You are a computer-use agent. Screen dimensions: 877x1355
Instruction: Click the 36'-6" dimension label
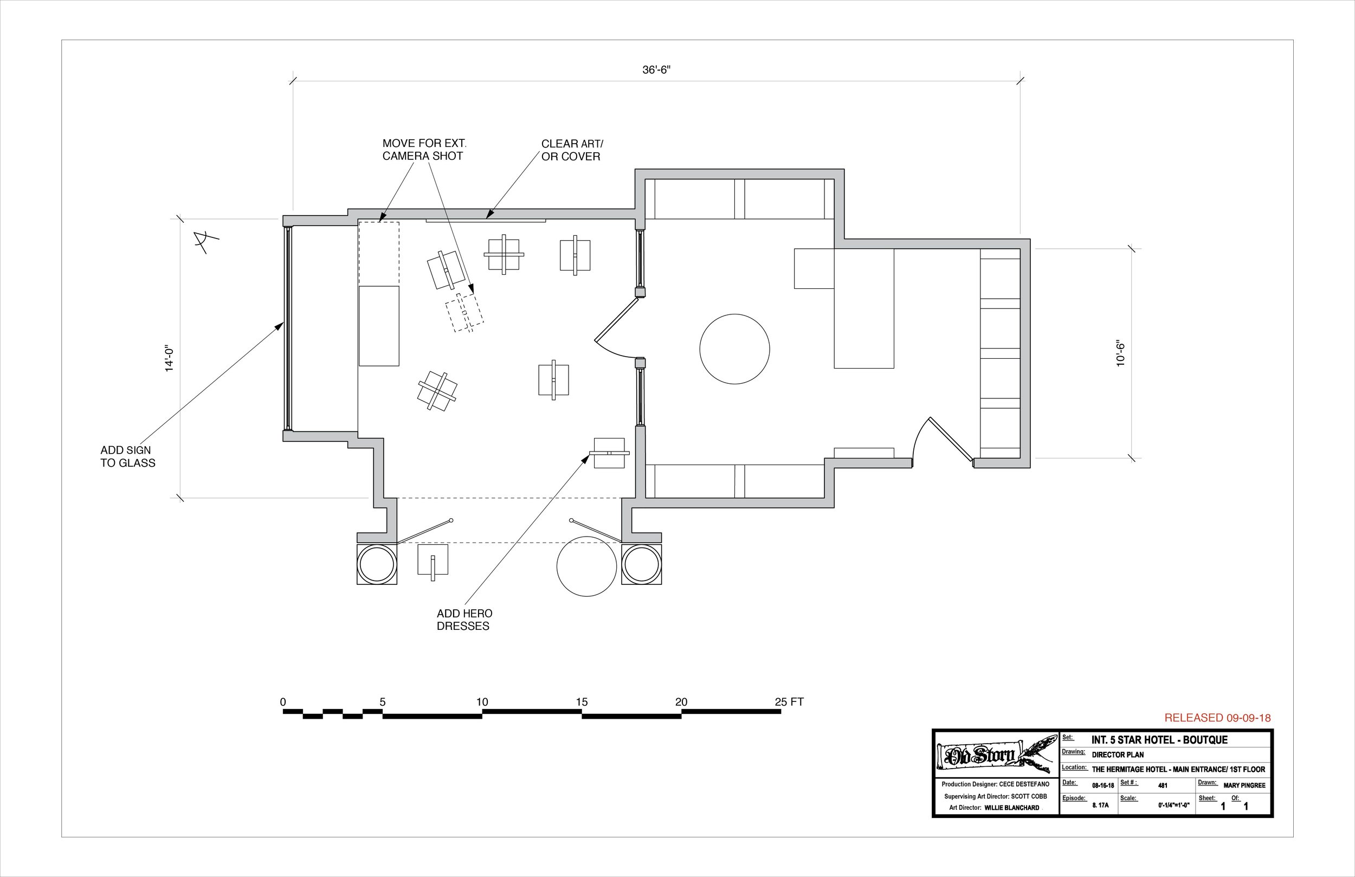click(x=656, y=70)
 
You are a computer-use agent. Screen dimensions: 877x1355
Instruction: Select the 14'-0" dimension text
click(x=169, y=358)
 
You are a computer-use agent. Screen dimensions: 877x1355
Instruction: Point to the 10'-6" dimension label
click(x=1120, y=353)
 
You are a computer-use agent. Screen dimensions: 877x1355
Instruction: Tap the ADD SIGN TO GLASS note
click(x=127, y=456)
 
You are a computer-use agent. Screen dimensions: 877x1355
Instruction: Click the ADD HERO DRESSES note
click(x=464, y=620)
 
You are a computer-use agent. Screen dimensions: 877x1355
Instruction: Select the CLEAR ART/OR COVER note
click(x=572, y=150)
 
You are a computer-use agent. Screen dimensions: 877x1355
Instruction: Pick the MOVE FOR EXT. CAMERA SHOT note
click(x=424, y=150)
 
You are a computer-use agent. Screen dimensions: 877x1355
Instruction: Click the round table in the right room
click(x=734, y=349)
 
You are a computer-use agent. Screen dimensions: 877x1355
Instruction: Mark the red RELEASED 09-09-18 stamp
click(x=1217, y=718)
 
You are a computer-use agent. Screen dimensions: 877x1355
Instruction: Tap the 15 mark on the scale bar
click(x=581, y=701)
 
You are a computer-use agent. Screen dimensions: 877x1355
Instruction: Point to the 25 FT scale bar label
click(x=789, y=701)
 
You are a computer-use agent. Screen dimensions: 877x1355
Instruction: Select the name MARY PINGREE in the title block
click(x=1244, y=785)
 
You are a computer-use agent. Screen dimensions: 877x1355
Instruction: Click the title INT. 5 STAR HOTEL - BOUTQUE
click(x=1159, y=740)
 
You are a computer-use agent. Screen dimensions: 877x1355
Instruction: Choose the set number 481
click(x=1163, y=785)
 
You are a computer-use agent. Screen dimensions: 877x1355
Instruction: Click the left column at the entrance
click(x=376, y=564)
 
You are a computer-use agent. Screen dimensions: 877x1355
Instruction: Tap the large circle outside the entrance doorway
click(x=586, y=566)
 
